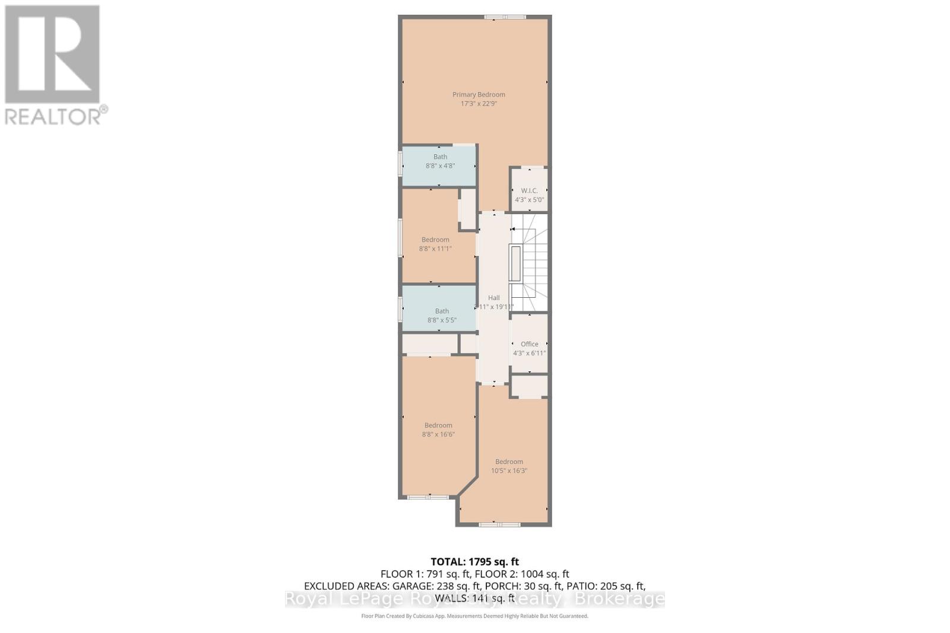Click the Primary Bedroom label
click(x=479, y=94)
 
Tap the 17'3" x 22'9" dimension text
click(x=479, y=104)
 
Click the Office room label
click(x=529, y=344)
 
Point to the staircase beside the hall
click(x=529, y=261)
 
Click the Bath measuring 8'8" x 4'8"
click(x=440, y=161)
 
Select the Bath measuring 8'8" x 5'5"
click(x=442, y=315)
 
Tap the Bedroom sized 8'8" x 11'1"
click(x=435, y=244)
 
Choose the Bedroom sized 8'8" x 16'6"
click(x=438, y=430)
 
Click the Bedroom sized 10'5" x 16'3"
click(x=509, y=466)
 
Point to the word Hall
click(x=494, y=298)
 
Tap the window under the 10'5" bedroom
click(x=499, y=524)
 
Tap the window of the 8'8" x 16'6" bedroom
click(x=427, y=497)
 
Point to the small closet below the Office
click(x=529, y=387)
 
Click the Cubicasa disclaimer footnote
click(x=474, y=616)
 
